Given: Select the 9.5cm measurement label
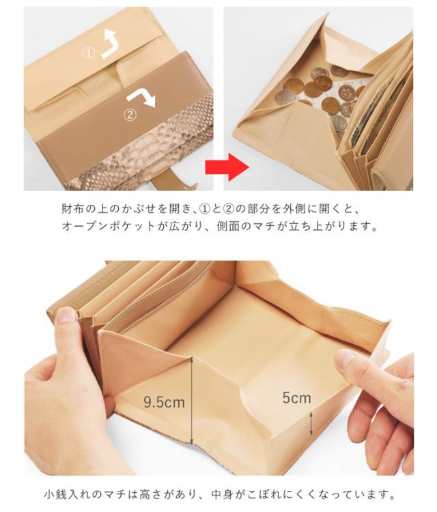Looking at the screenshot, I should [164, 402].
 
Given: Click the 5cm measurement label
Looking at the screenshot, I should [296, 397].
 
